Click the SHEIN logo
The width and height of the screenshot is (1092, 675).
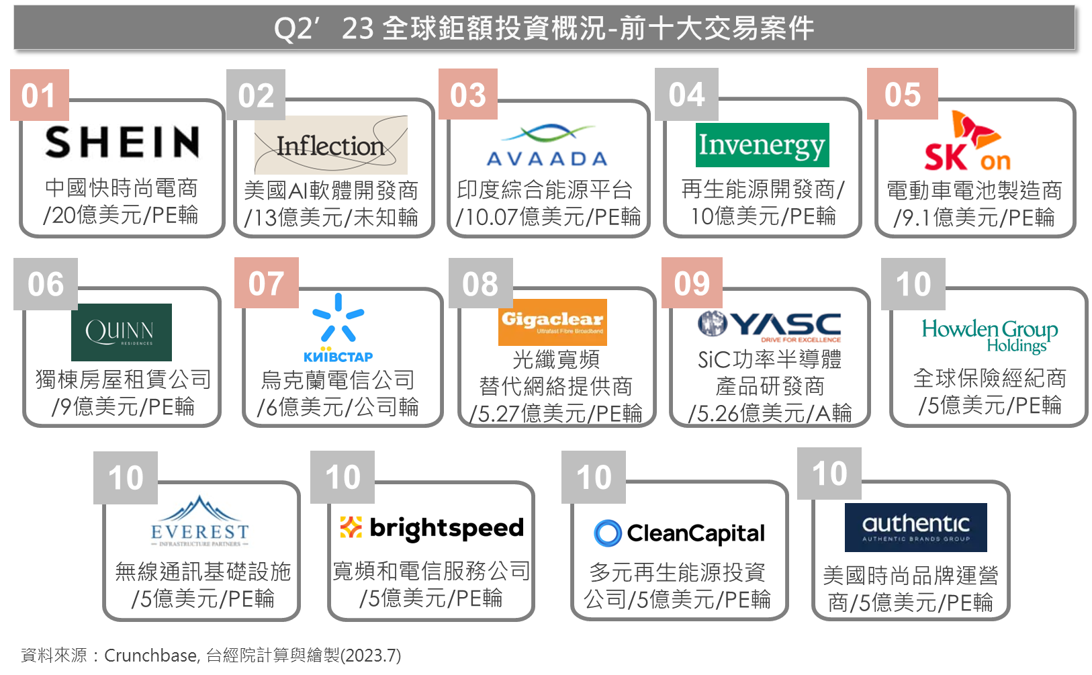tap(122, 142)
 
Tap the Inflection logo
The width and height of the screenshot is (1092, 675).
tap(330, 145)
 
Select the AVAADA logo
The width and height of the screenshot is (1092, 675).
tap(547, 145)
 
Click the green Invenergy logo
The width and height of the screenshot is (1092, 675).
tap(762, 145)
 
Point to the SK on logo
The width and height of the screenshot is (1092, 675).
tap(967, 140)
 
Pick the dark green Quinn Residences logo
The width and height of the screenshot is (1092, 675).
tap(122, 332)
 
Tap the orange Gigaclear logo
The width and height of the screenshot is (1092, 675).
tap(552, 322)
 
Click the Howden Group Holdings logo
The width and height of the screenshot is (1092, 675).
tap(990, 335)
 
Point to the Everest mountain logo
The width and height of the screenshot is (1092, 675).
tap(200, 521)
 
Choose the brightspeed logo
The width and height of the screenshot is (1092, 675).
tap(431, 528)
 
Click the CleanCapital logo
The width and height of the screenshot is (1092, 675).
tap(679, 533)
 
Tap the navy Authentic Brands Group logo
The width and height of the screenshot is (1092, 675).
tap(915, 527)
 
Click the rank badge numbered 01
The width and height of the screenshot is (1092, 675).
tap(40, 95)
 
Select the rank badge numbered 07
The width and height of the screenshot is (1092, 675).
tap(266, 283)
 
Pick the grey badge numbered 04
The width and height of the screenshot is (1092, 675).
tap(686, 94)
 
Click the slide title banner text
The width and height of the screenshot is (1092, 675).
tap(544, 28)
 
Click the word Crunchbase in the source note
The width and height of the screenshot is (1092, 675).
tap(152, 656)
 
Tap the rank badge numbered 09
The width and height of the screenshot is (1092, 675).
tap(692, 283)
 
